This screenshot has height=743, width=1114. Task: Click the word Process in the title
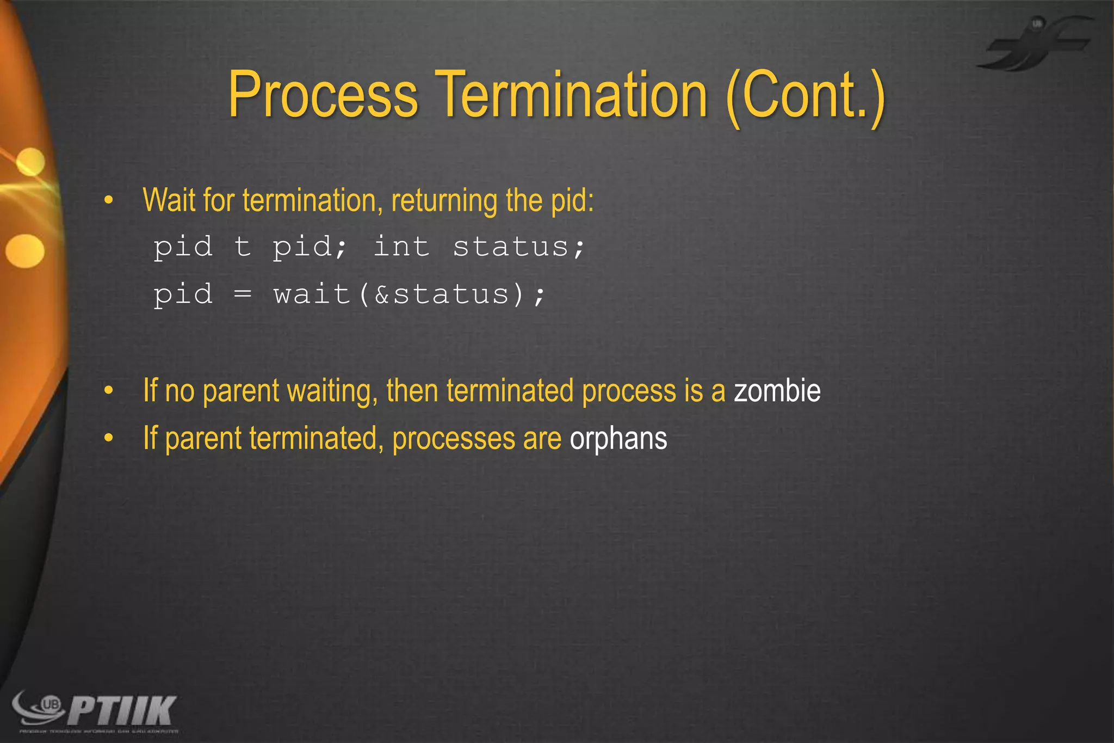[x=323, y=95]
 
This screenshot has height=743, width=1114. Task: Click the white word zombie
[x=777, y=391]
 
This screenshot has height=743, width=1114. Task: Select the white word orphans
[x=618, y=439]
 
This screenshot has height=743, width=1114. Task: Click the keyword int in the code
[x=401, y=247]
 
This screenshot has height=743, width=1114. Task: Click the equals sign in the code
[x=242, y=294]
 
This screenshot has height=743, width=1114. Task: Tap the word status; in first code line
[x=518, y=247]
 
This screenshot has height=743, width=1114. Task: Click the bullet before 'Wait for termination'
[x=109, y=201]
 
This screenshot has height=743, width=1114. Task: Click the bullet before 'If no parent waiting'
[x=109, y=391]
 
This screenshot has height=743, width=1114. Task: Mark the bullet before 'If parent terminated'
[x=109, y=438]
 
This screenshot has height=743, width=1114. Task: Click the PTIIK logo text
[x=122, y=710]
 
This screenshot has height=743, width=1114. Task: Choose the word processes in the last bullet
[x=453, y=439]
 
